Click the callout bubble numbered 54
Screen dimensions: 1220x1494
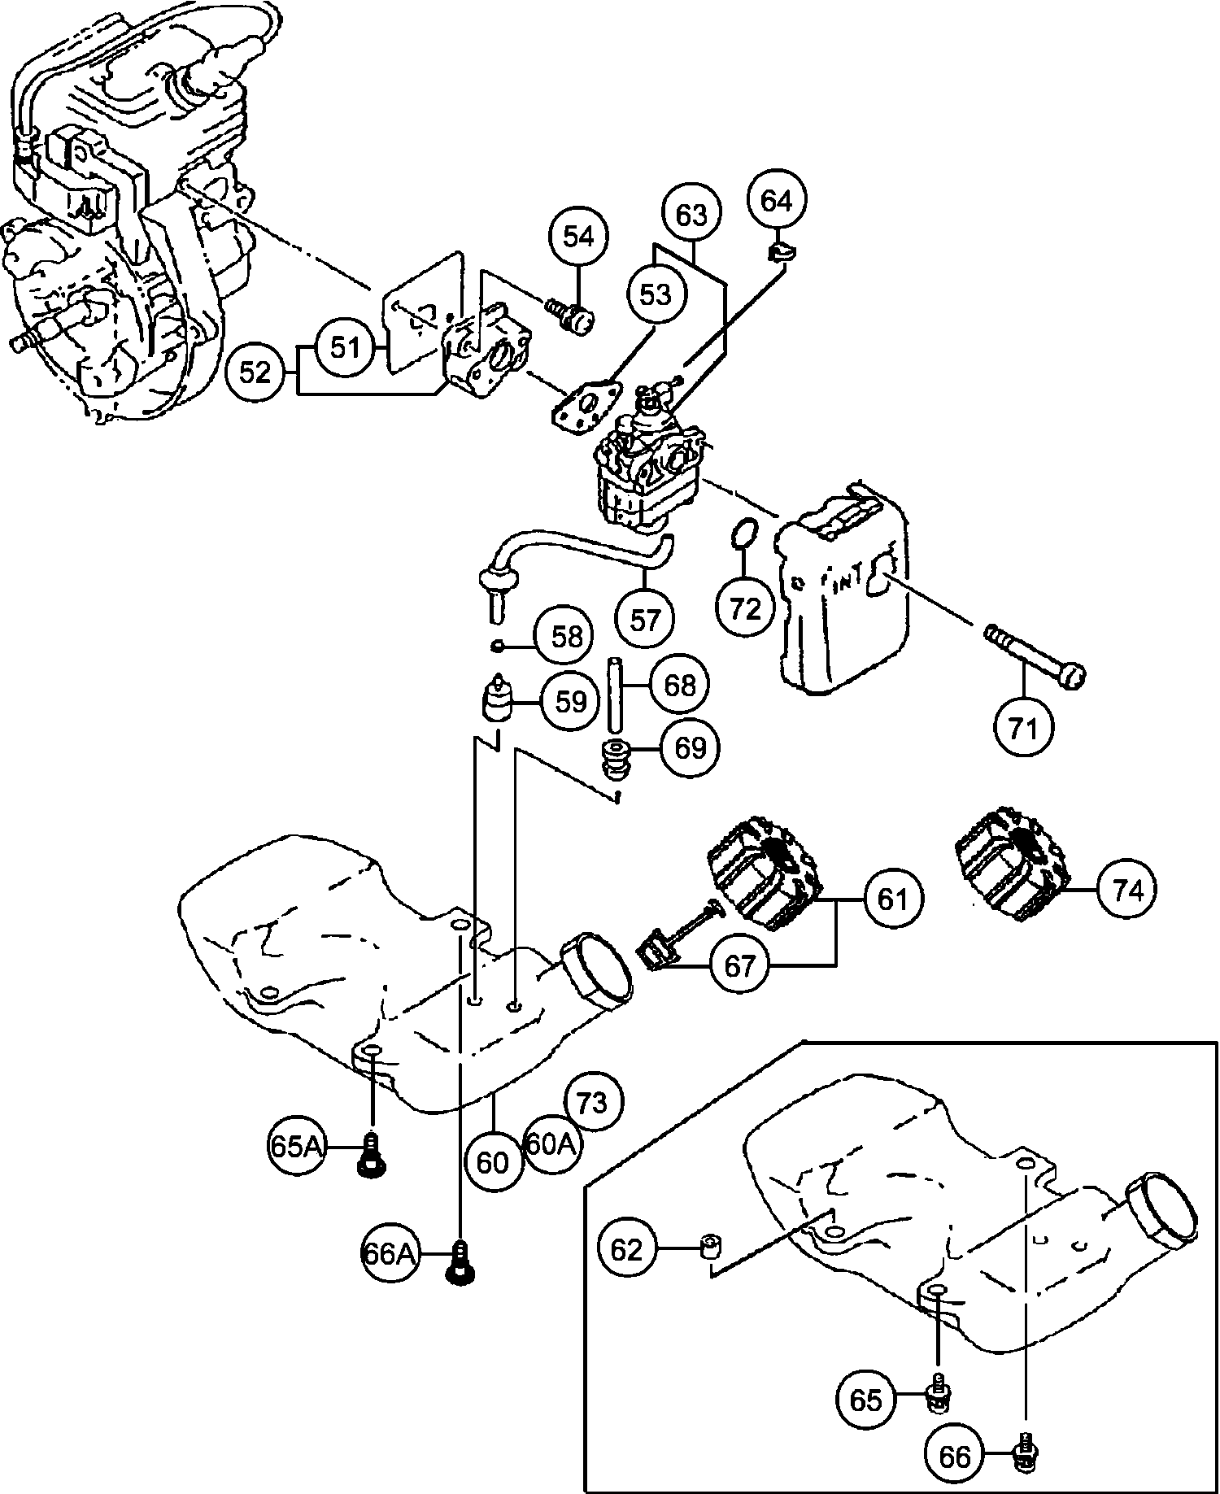click(579, 237)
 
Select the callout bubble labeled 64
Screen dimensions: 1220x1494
click(777, 200)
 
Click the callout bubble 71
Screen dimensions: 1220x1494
click(1023, 729)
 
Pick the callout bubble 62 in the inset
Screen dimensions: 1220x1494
click(626, 1249)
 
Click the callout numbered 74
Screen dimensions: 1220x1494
click(1127, 891)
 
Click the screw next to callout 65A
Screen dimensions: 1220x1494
click(370, 1155)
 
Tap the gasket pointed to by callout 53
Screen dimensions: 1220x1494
click(586, 410)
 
